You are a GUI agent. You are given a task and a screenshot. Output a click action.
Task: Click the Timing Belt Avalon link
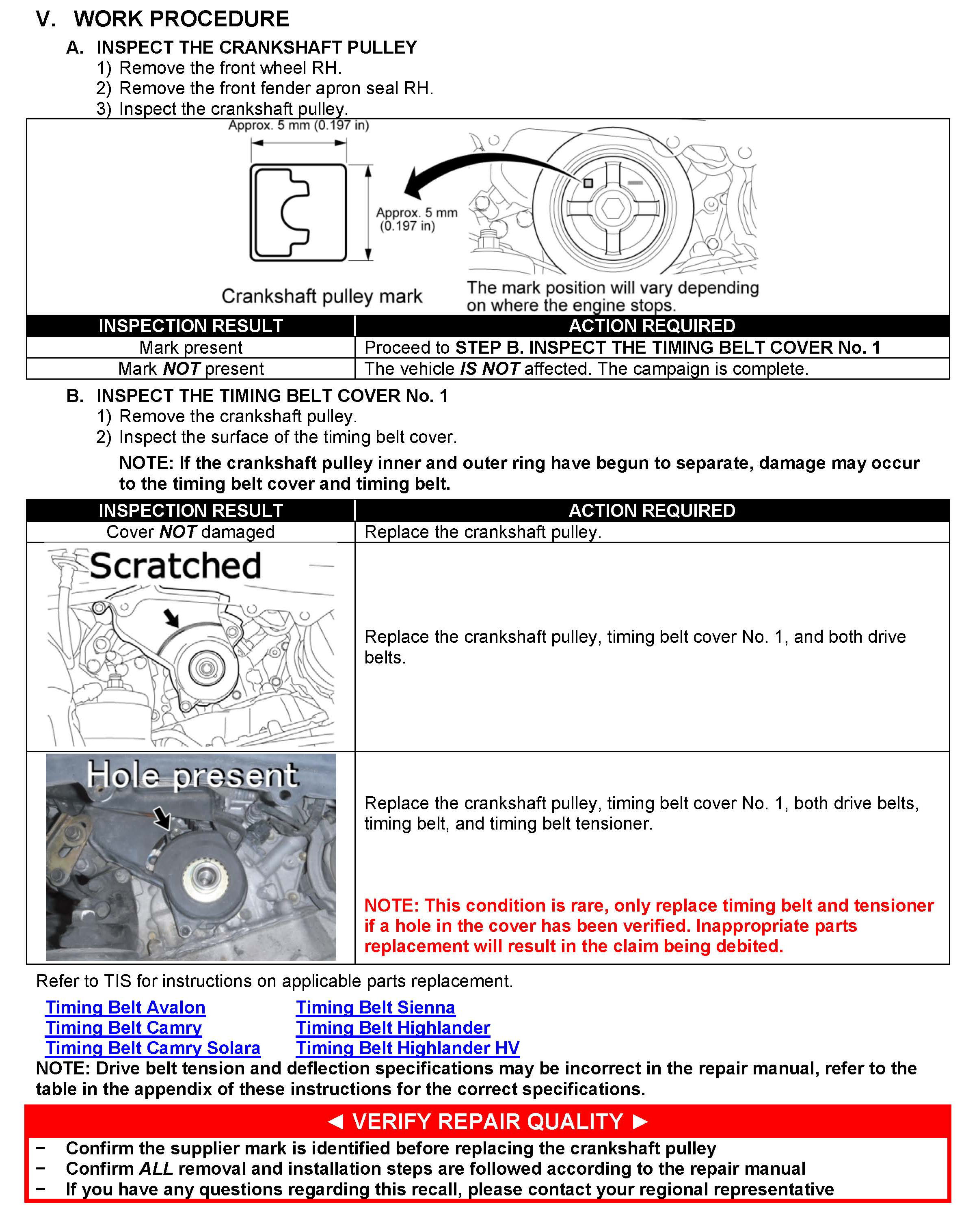click(125, 1007)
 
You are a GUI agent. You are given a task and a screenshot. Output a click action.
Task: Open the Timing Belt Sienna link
click(375, 1007)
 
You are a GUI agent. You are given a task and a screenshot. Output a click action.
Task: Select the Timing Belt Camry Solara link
click(152, 1048)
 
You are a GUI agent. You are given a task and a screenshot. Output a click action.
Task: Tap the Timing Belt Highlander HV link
click(407, 1048)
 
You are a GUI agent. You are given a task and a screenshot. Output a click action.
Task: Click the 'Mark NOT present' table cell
click(190, 369)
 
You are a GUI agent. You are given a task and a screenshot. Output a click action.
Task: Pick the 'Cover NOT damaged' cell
click(190, 532)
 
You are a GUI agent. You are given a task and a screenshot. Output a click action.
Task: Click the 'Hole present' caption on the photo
click(192, 776)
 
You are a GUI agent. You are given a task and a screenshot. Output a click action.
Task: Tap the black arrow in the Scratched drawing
click(171, 618)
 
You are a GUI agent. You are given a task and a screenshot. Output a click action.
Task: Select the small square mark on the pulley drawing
click(588, 183)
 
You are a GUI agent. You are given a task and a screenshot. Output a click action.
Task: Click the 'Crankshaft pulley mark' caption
click(322, 296)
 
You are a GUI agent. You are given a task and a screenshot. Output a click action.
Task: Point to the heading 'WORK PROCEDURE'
click(181, 19)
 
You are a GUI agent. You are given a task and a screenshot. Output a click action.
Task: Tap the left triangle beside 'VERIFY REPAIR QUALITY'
click(335, 1121)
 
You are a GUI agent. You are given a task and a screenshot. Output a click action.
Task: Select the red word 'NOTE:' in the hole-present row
click(391, 905)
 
